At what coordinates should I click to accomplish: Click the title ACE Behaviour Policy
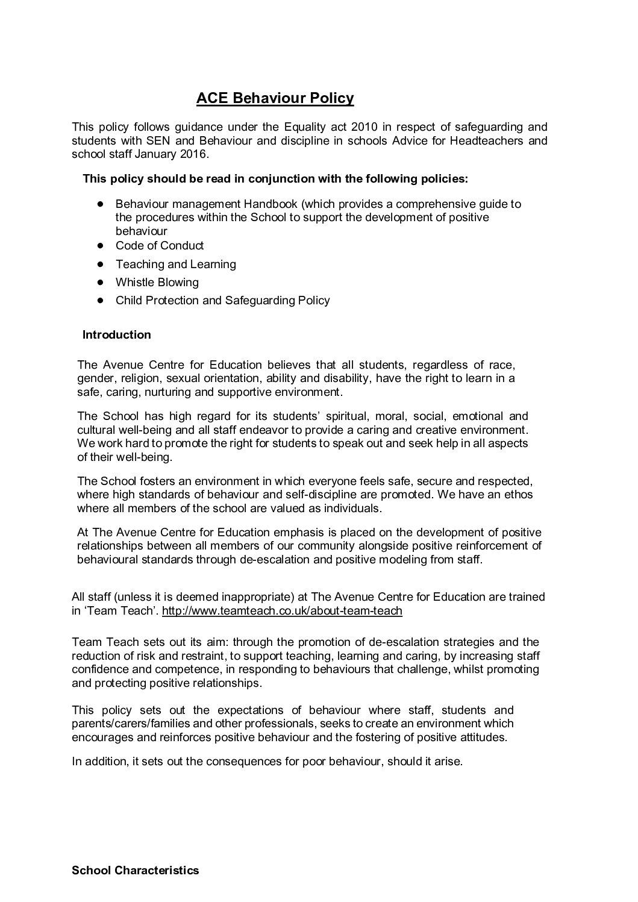275,98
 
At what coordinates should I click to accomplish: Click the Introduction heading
116,335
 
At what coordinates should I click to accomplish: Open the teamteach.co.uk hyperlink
282,611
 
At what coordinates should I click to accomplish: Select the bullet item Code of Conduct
160,246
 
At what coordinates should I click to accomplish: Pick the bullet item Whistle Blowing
157,283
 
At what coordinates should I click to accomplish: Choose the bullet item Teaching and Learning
175,265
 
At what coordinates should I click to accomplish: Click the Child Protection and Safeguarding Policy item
222,301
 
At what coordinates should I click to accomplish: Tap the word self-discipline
341,495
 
